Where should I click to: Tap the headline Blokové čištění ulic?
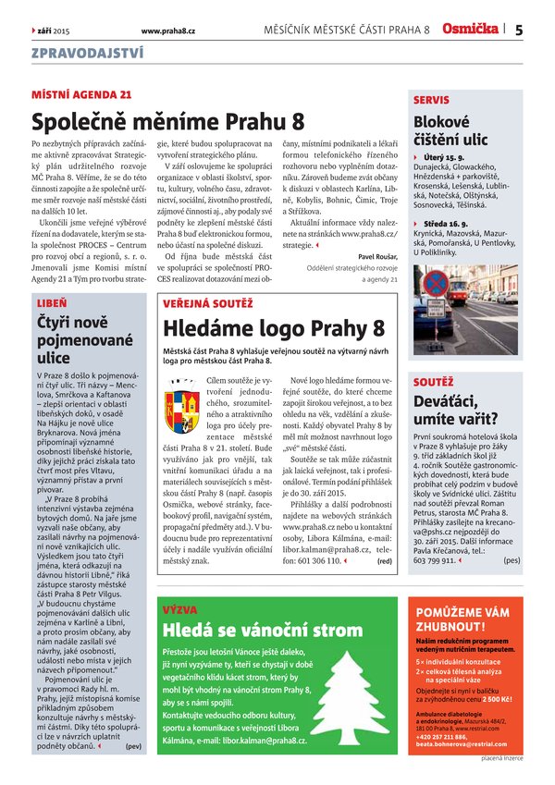coord(450,131)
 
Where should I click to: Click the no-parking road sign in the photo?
coord(436,284)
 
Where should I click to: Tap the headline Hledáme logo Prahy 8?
coord(274,327)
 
